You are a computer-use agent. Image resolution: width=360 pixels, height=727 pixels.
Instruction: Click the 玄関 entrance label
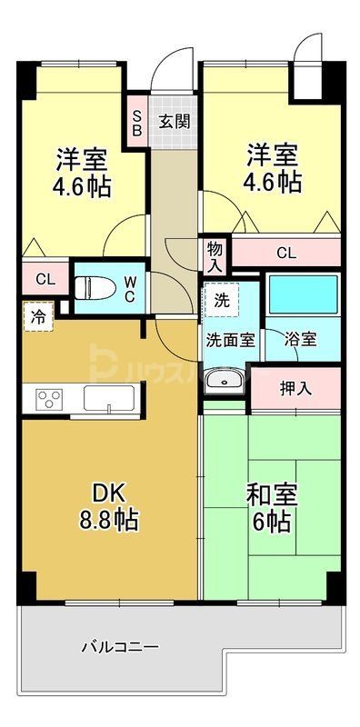point(175,121)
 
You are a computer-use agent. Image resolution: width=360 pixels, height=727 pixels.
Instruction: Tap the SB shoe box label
point(137,121)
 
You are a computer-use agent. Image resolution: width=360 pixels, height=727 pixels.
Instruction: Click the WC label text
point(129,289)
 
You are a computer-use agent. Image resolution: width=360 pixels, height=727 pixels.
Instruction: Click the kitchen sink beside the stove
point(109,398)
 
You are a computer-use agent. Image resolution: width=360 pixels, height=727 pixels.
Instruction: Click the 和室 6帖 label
point(268,509)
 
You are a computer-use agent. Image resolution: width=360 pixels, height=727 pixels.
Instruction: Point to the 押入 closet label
point(295,388)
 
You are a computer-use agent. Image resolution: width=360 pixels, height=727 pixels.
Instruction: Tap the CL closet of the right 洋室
point(285,254)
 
